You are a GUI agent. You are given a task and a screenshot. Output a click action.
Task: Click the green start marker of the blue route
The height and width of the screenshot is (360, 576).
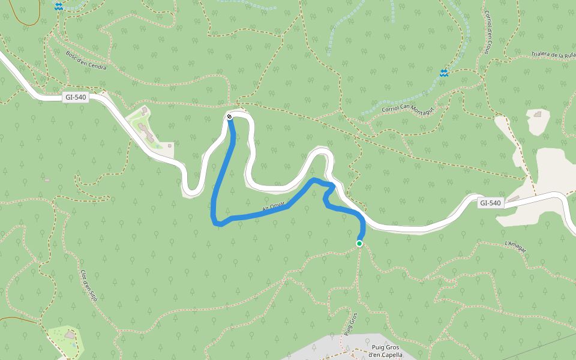(359, 243)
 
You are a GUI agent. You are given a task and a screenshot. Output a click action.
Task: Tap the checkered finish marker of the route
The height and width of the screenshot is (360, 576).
(229, 117)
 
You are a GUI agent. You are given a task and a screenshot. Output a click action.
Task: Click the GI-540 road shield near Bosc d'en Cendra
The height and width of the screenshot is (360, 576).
(76, 97)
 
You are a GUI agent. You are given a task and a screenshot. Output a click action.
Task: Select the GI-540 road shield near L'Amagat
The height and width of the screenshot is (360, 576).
(490, 203)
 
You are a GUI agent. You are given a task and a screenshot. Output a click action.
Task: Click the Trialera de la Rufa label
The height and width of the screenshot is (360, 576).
(553, 55)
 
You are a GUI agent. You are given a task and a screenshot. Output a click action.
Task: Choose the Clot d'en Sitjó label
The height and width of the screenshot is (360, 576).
(89, 286)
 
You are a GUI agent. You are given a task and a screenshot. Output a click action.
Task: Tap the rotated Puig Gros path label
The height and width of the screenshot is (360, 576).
(350, 324)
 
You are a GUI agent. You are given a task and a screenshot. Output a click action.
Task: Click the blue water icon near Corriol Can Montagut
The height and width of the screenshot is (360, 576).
(444, 73)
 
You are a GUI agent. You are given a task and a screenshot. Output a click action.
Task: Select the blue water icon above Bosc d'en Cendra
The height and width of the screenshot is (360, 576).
(59, 6)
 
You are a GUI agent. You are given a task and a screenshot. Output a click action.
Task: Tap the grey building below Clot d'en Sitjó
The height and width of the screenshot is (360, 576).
(71, 335)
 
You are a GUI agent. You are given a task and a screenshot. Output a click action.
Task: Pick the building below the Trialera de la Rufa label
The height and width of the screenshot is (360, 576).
(538, 113)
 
